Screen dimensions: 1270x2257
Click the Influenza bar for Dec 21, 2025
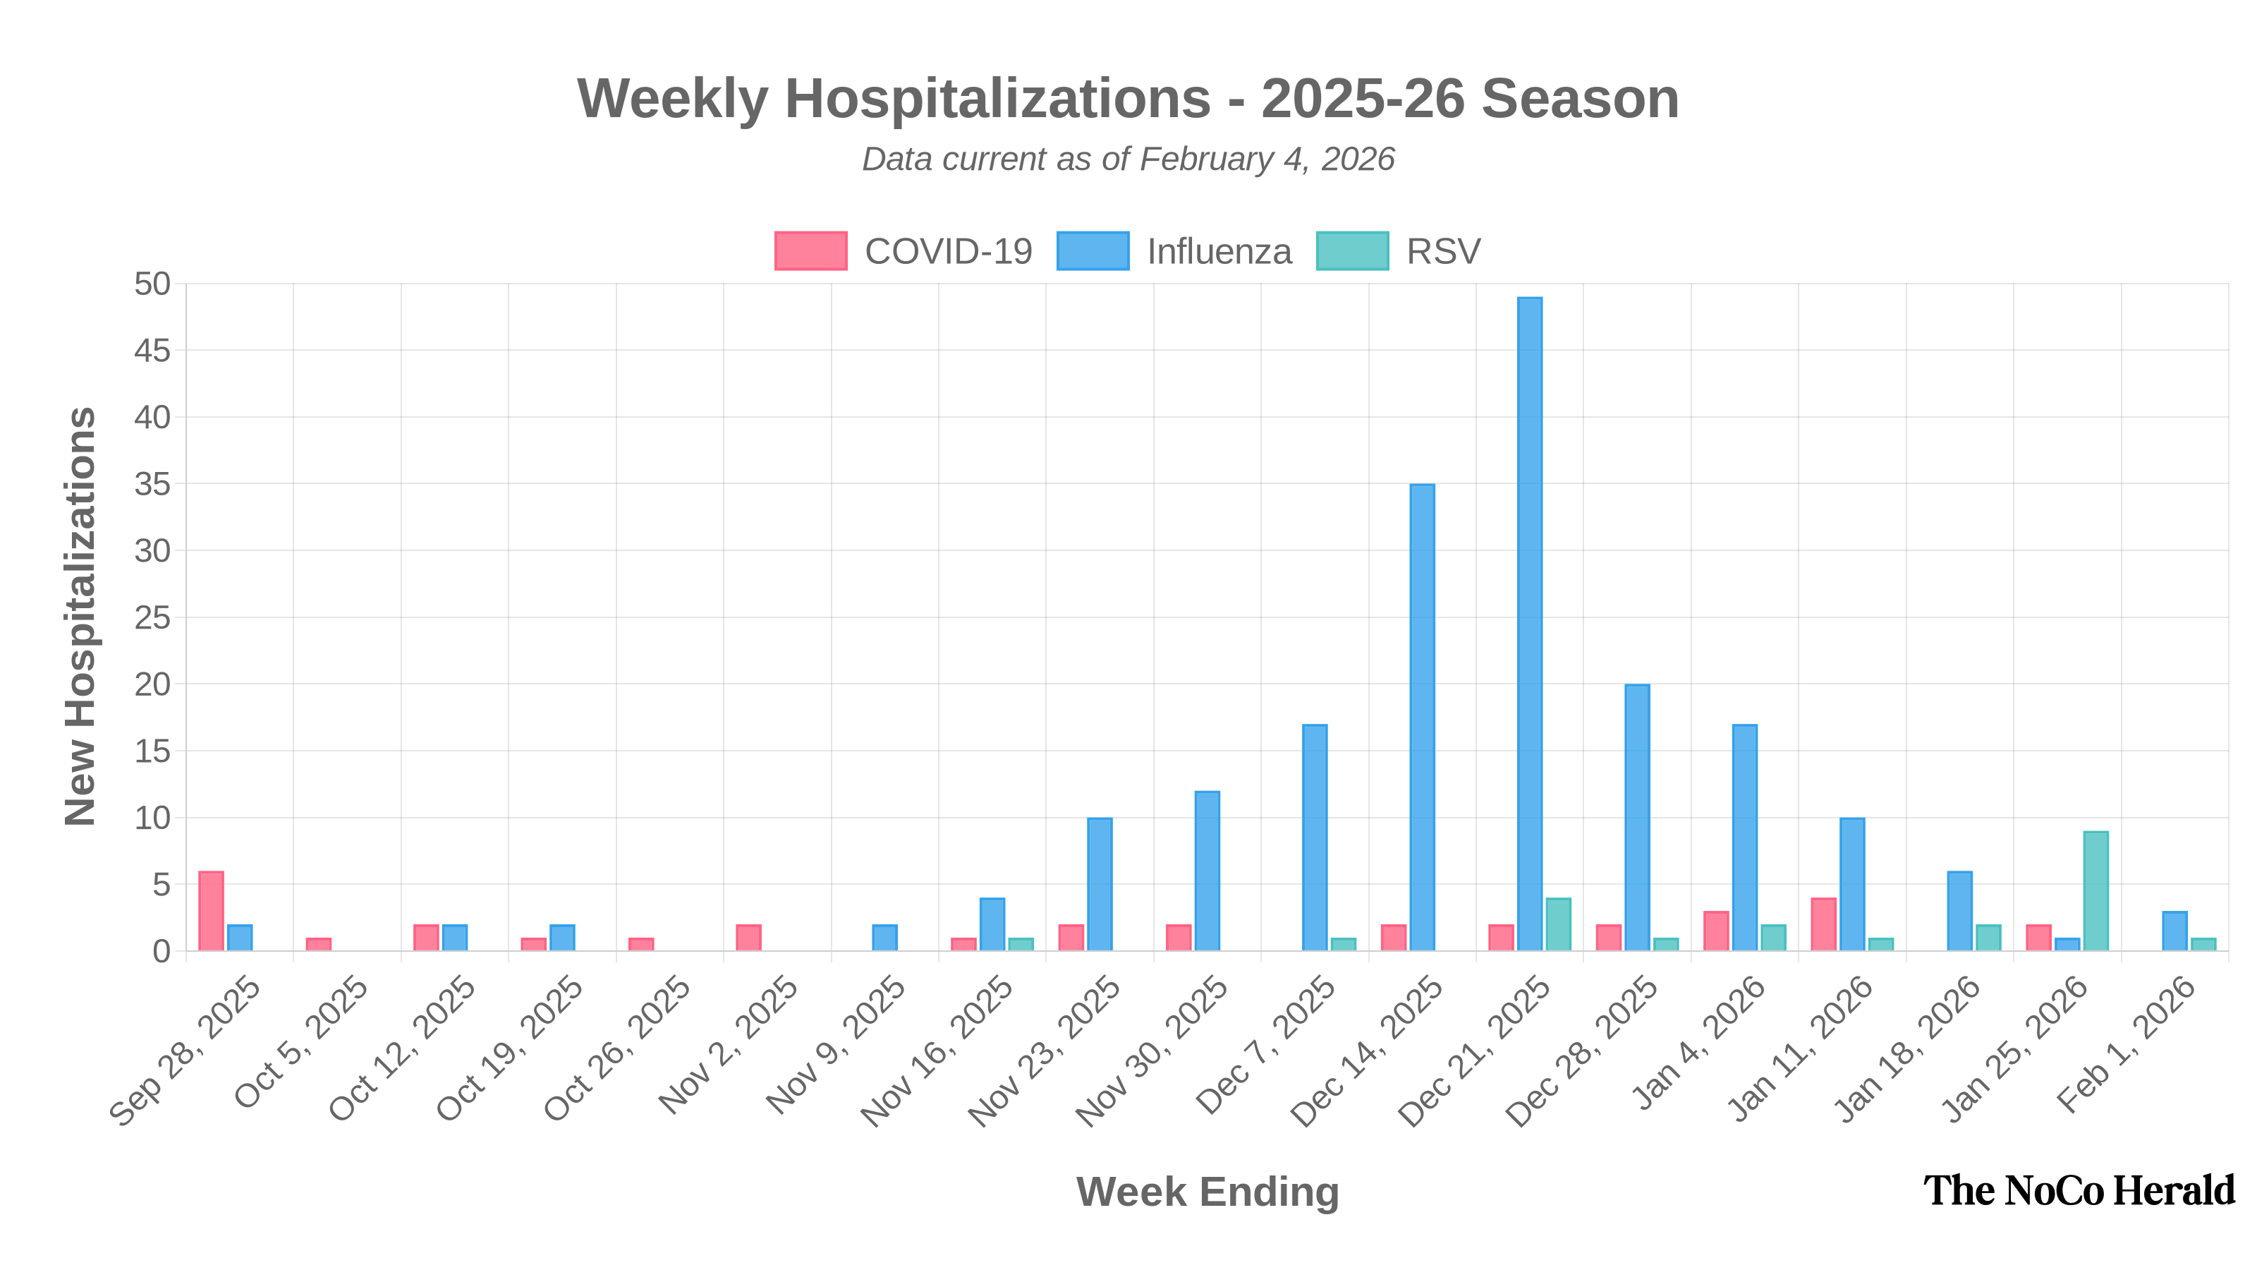click(1530, 623)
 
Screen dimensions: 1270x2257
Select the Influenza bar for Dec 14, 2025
click(1422, 717)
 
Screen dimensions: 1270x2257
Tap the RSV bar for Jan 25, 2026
click(2095, 890)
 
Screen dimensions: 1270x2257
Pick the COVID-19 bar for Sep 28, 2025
click(211, 911)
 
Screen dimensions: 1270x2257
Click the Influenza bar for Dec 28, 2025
click(1636, 817)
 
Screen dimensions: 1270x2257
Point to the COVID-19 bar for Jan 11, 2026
click(1823, 924)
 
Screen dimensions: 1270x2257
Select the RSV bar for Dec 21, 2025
click(1558, 924)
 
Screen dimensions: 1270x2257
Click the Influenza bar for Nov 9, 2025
click(885, 937)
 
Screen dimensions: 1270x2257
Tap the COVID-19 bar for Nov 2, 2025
click(748, 937)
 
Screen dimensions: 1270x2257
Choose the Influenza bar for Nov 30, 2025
click(1207, 871)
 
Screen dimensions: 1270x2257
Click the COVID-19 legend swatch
click(810, 250)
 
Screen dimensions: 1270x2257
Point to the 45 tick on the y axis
click(152, 351)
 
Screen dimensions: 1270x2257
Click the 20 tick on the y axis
click(152, 684)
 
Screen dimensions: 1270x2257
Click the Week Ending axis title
click(1207, 1192)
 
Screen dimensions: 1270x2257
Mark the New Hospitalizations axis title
click(80, 615)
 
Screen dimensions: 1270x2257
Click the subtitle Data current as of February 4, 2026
click(1128, 159)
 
